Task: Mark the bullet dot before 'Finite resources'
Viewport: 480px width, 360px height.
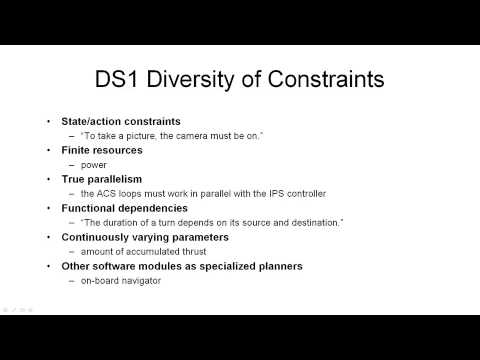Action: tap(52, 150)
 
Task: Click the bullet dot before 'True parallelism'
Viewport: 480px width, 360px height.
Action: tap(52, 179)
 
